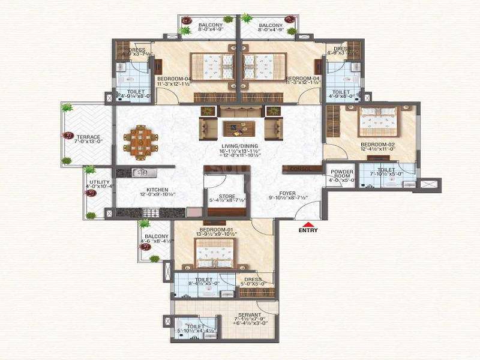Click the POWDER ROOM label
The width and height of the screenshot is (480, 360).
click(342, 175)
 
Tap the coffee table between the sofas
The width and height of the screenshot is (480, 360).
click(240, 128)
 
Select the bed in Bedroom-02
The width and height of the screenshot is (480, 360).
click(378, 122)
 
